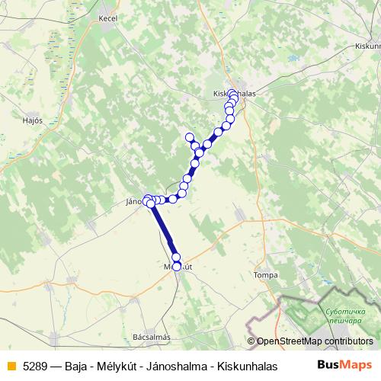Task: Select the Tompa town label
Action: [x=265, y=274]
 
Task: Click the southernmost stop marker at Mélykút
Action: [x=177, y=267]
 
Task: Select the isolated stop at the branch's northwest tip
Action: [x=190, y=137]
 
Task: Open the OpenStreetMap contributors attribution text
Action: [x=313, y=342]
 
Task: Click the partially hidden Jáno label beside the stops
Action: [x=135, y=203]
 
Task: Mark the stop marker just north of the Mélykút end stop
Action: [x=176, y=258]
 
